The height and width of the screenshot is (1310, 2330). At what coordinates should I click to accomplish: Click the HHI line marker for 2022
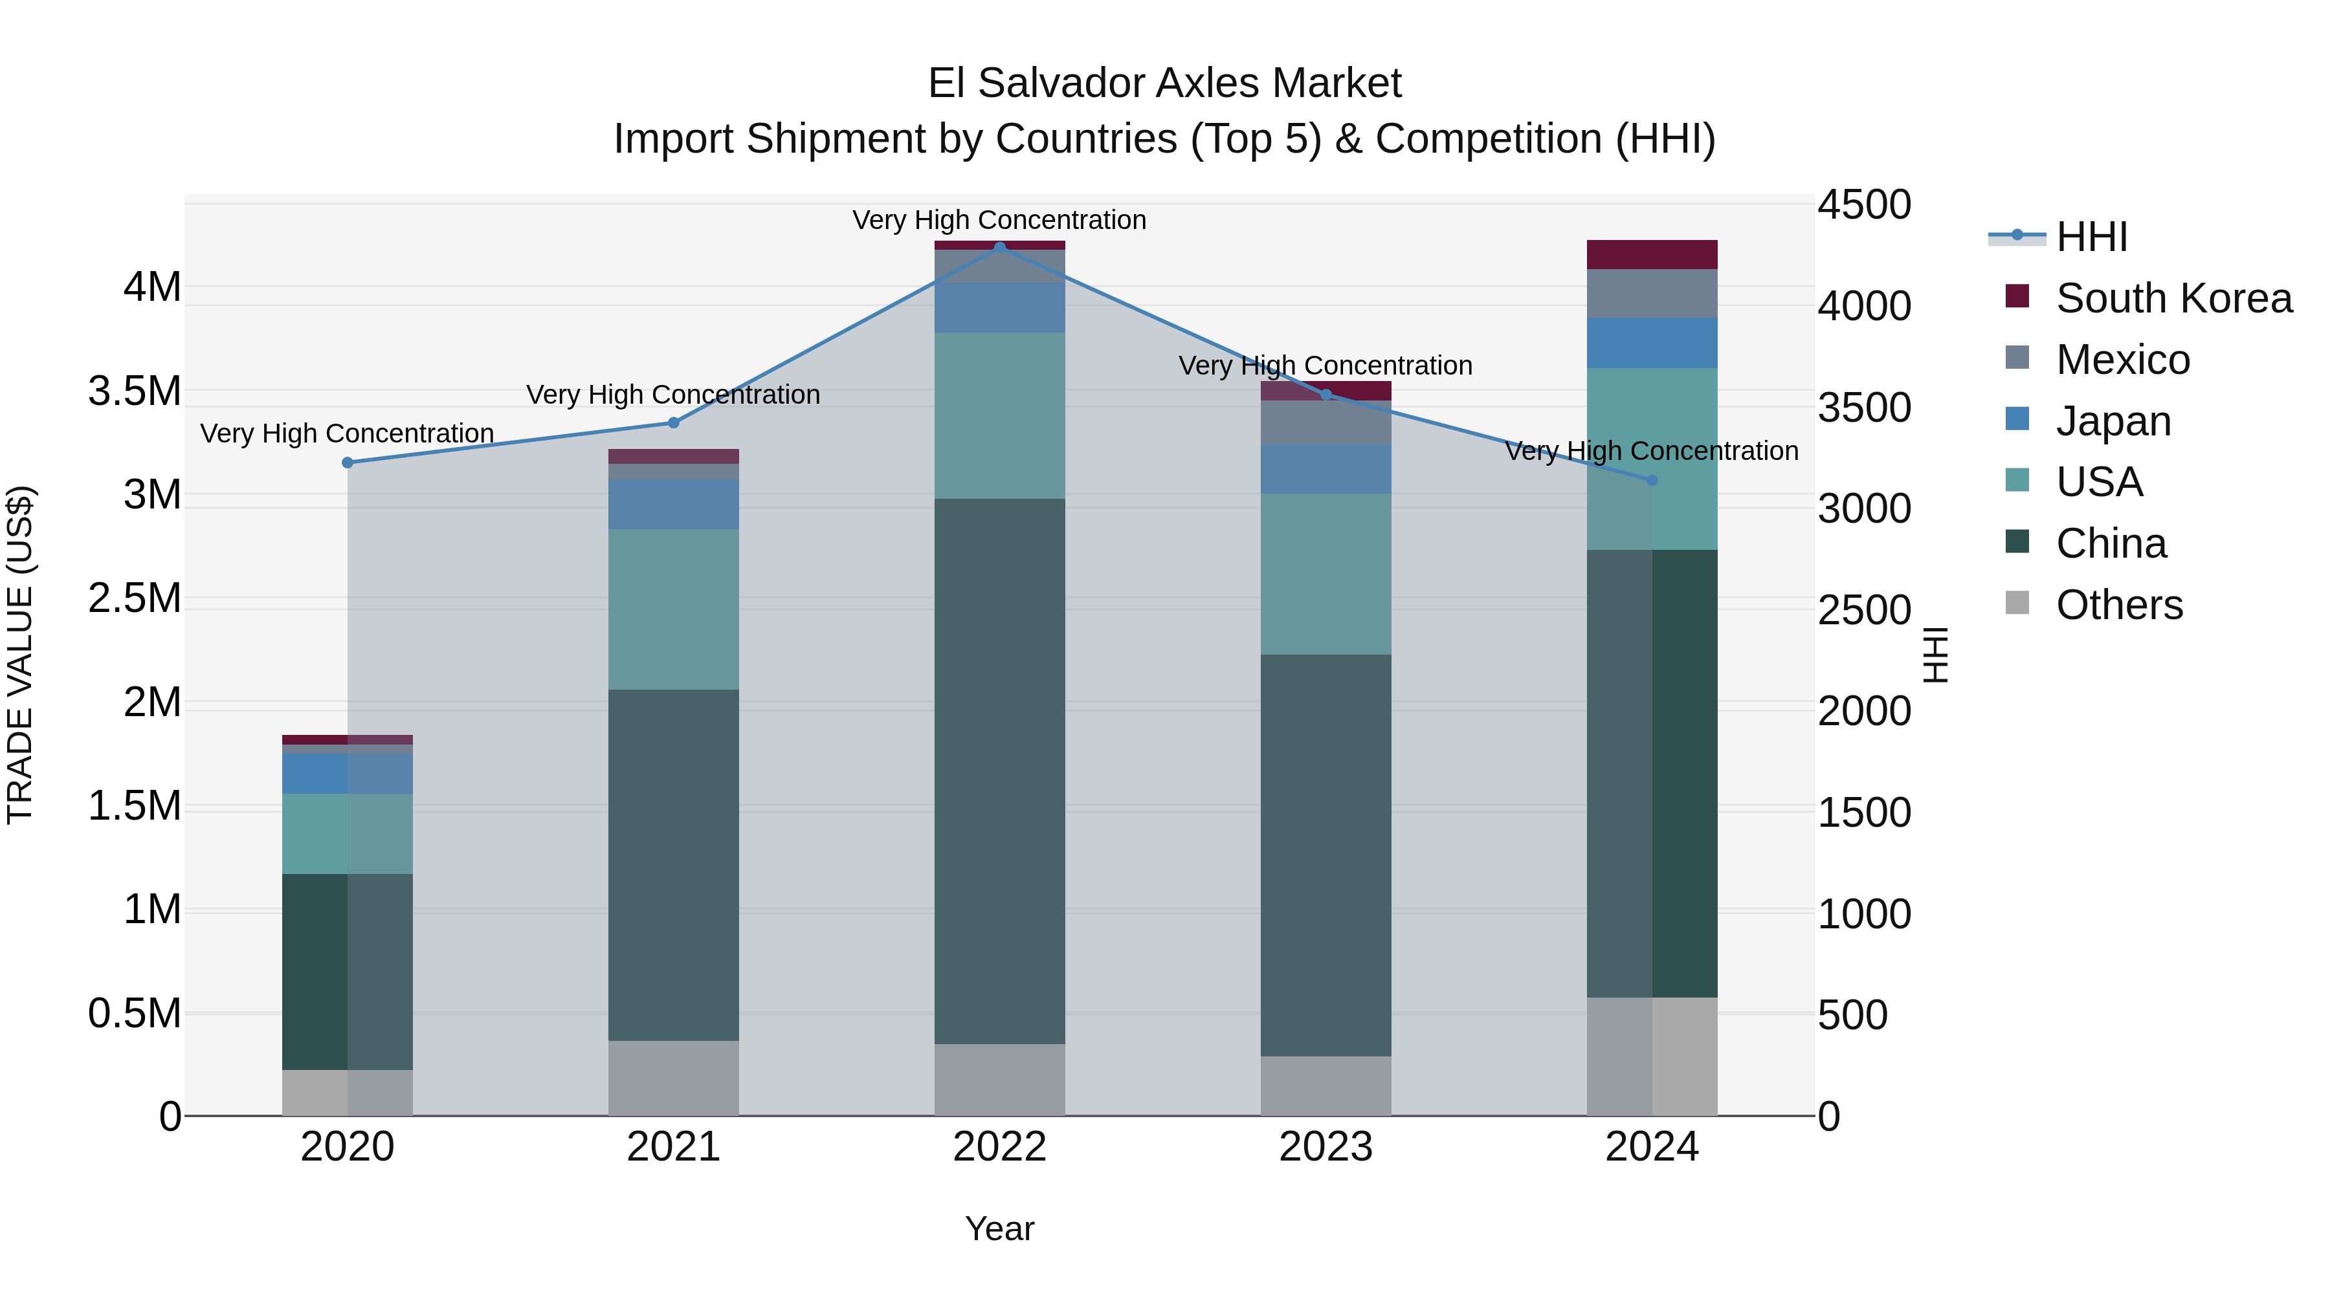tap(999, 247)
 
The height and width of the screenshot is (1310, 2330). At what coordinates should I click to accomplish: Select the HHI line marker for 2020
tap(348, 463)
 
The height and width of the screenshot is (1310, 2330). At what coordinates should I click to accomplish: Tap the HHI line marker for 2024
tap(1652, 480)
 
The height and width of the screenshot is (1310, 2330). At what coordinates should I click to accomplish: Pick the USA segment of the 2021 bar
tap(673, 609)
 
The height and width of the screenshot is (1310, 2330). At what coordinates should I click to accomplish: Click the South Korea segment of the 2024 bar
tap(1652, 254)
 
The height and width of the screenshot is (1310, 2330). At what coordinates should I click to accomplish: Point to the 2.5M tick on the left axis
tap(135, 598)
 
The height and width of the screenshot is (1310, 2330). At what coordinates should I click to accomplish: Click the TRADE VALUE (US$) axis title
tap(20, 655)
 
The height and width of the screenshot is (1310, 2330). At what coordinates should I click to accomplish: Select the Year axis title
tap(999, 1228)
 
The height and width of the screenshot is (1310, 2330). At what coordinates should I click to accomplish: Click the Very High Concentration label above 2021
tap(673, 395)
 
